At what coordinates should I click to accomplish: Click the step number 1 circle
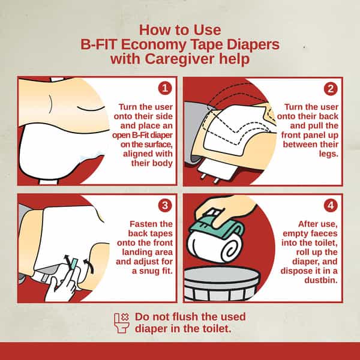tap(165, 88)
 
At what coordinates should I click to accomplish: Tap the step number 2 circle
tap(331, 89)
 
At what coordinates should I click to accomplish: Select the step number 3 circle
tap(165, 205)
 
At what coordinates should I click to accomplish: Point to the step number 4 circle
tap(331, 205)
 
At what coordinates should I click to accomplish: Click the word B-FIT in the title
tap(98, 44)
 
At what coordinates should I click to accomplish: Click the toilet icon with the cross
tap(122, 323)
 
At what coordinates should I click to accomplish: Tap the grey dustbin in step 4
tap(221, 284)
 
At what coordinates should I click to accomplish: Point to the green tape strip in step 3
tap(74, 264)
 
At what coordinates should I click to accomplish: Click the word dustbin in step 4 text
tap(321, 280)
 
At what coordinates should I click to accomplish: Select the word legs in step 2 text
tap(329, 154)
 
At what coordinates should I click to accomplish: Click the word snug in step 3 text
tap(152, 271)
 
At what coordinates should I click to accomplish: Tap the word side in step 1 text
tap(164, 116)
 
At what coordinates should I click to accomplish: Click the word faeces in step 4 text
tap(324, 234)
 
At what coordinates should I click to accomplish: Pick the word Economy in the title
tap(154, 45)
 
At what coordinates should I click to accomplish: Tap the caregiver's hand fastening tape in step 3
tap(61, 287)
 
